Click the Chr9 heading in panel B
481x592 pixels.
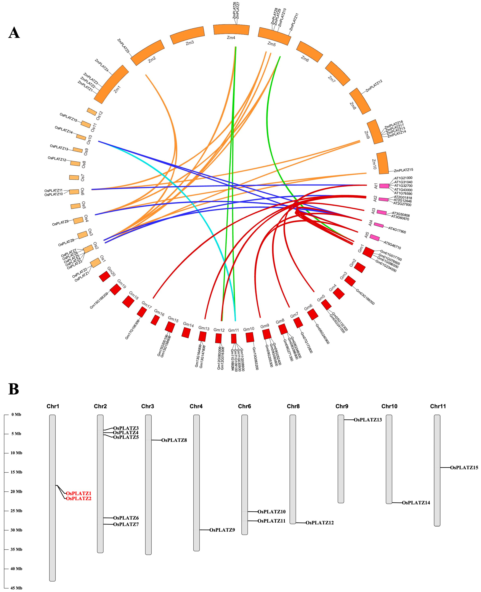tap(342, 406)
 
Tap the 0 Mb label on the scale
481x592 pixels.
tap(16, 414)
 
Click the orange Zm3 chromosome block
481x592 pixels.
tap(188, 35)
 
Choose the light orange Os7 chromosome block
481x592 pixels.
tap(74, 177)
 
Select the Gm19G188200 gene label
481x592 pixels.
tap(99, 301)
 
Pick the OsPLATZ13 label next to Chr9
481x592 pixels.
tap(368, 420)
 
